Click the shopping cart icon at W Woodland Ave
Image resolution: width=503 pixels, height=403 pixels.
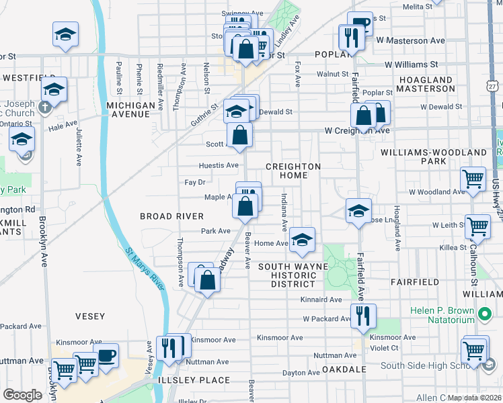point(473,179)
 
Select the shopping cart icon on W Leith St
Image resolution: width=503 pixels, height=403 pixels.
point(478,226)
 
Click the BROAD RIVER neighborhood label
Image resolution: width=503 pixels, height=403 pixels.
point(171,216)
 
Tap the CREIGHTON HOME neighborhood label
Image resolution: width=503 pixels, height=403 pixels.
point(293,171)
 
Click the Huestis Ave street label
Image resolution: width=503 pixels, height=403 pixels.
point(219,165)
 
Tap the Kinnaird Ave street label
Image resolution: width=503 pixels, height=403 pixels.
point(322,300)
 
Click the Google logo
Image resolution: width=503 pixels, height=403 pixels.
point(22,395)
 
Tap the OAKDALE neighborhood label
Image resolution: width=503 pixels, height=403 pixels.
point(344,369)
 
